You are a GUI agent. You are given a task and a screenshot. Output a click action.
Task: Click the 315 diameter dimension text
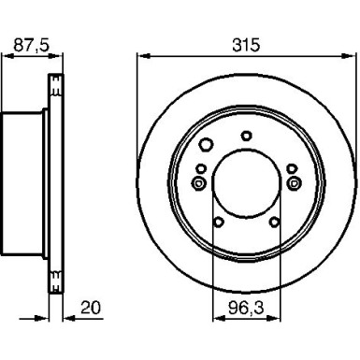pyautogui.click(x=246, y=43)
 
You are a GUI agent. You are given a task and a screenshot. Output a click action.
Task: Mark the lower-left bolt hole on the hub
pyautogui.click(x=219, y=222)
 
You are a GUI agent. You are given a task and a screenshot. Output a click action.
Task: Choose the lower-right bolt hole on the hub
pyautogui.click(x=273, y=222)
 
